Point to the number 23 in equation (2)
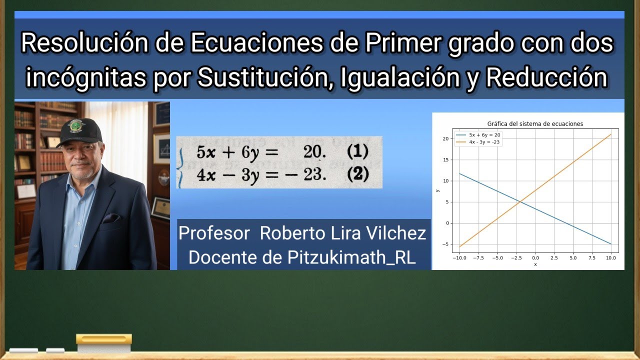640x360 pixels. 314,174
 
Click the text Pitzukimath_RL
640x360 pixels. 351,257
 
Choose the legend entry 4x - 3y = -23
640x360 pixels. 484,142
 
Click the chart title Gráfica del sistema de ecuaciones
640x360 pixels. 535,123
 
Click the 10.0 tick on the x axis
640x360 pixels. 610,258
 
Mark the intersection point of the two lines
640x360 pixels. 520,202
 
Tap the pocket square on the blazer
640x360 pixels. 110,218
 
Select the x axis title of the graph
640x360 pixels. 535,264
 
